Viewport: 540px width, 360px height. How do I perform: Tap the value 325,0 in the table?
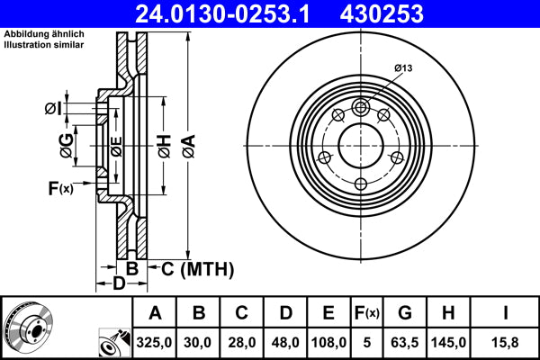pyautogui.click(x=155, y=342)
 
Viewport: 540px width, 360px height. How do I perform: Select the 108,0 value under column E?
pyautogui.click(x=328, y=342)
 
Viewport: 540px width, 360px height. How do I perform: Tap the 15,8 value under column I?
pyautogui.click(x=506, y=342)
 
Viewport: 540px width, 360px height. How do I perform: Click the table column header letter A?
pyautogui.click(x=155, y=313)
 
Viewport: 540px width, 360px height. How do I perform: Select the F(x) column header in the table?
pyautogui.click(x=368, y=313)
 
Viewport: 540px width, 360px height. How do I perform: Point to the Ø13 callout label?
pyautogui.click(x=404, y=67)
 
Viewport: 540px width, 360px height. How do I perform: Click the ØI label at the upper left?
pyautogui.click(x=53, y=109)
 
